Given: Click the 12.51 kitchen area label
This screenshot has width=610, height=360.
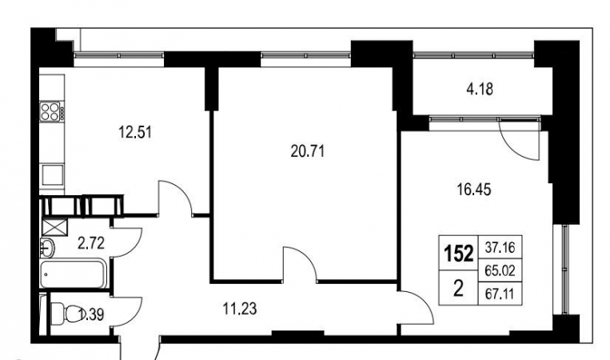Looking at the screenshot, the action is pyautogui.click(x=135, y=133).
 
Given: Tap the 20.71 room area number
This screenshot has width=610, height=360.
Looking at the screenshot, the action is pyautogui.click(x=307, y=151).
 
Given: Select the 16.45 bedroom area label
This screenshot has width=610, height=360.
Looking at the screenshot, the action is pyautogui.click(x=473, y=190).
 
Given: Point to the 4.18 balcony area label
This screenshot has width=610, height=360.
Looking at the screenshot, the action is pyautogui.click(x=480, y=90).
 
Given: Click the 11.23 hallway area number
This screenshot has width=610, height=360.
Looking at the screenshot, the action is pyautogui.click(x=240, y=309).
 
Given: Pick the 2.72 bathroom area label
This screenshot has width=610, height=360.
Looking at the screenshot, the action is pyautogui.click(x=91, y=244).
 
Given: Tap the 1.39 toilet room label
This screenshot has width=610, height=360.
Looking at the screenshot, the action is pyautogui.click(x=91, y=314).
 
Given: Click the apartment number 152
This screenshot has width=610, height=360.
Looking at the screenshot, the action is pyautogui.click(x=459, y=254).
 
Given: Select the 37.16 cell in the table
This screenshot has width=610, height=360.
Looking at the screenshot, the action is pyautogui.click(x=500, y=247).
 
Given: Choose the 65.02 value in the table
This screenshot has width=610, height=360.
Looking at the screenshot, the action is pyautogui.click(x=500, y=270).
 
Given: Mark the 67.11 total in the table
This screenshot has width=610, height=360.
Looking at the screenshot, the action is pyautogui.click(x=500, y=294).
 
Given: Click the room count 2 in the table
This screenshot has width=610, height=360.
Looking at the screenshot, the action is pyautogui.click(x=458, y=289).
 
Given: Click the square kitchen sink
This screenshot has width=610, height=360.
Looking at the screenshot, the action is pyautogui.click(x=53, y=174).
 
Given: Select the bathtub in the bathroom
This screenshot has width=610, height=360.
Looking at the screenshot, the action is pyautogui.click(x=74, y=274).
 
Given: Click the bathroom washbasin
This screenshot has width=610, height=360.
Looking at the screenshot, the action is pyautogui.click(x=47, y=248).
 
